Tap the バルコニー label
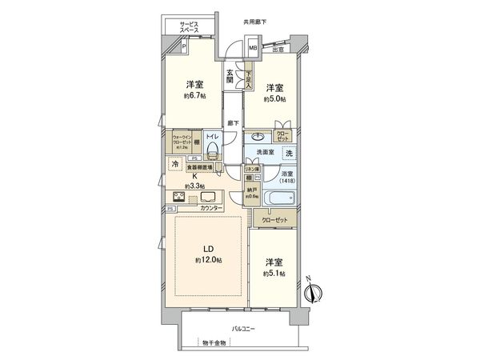pyautogui.click(x=244, y=328)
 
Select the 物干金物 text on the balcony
pyautogui.click(x=214, y=342)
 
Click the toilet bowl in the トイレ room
pyautogui.click(x=211, y=154)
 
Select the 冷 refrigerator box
pyautogui.click(x=175, y=165)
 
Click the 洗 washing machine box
pyautogui.click(x=289, y=153)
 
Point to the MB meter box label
pyautogui.click(x=252, y=48)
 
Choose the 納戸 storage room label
pyautogui.click(x=250, y=190)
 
